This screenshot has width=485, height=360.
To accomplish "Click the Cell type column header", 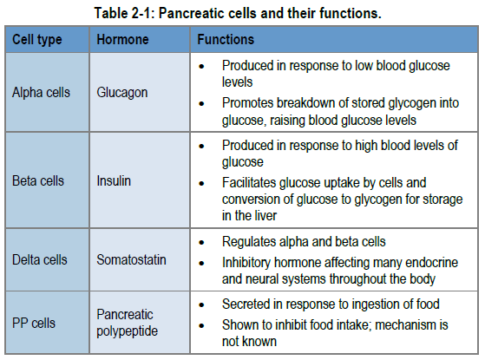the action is click(x=37, y=40).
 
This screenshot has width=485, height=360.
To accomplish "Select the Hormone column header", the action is click(x=122, y=40).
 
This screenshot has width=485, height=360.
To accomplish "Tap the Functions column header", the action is click(x=226, y=40).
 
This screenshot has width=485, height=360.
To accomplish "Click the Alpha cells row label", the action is click(x=41, y=93).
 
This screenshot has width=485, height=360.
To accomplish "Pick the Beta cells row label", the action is click(x=38, y=181).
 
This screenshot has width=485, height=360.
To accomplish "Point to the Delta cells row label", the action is click(x=40, y=259).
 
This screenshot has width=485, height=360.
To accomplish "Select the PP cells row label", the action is click(x=34, y=324).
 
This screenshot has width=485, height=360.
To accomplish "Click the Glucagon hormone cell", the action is click(x=122, y=93).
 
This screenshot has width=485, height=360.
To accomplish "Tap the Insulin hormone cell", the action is click(x=114, y=181).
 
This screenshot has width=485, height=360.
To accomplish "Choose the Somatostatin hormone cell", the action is click(x=132, y=259).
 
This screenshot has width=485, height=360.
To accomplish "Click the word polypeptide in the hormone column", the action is click(x=128, y=331).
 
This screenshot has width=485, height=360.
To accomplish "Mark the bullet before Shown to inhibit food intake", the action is click(x=201, y=325).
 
